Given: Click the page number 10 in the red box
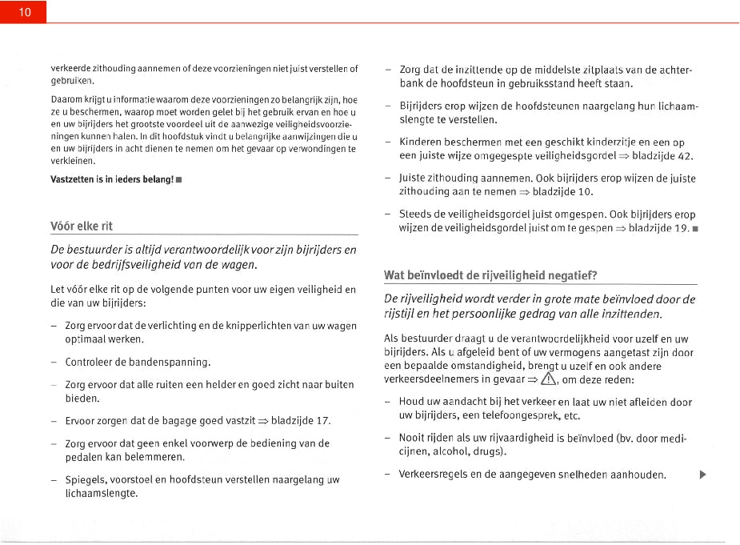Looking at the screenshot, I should [24, 12].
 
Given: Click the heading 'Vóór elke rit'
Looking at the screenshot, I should [81, 225].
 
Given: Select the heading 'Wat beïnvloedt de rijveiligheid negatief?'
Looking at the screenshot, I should [490, 275].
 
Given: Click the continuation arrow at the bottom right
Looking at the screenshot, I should [702, 475].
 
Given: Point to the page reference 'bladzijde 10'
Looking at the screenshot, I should [570, 191].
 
